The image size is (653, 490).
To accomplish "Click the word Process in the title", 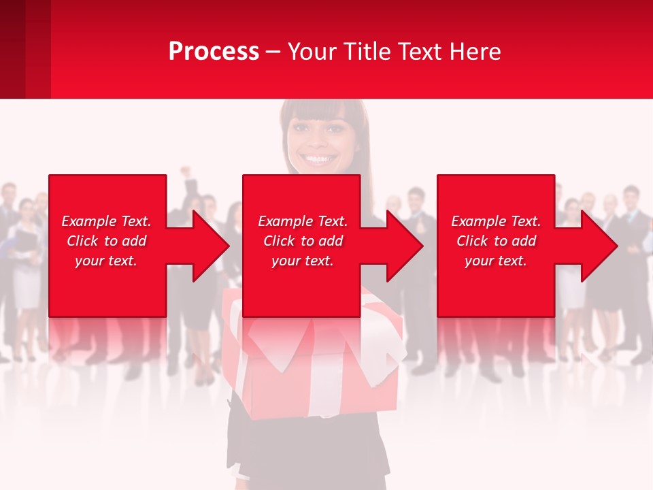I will (214, 52).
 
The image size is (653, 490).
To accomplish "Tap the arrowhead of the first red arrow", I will (211, 246).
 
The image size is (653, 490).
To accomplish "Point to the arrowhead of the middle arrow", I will (405, 246).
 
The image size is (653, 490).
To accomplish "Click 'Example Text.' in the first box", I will (106, 221).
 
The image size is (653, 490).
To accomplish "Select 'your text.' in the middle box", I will (302, 261).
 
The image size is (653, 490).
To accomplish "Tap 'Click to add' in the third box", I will (496, 241).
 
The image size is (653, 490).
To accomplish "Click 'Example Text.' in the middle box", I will (302, 221).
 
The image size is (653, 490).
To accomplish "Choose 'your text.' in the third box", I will (496, 261).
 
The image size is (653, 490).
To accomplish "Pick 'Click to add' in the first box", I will (106, 241).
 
